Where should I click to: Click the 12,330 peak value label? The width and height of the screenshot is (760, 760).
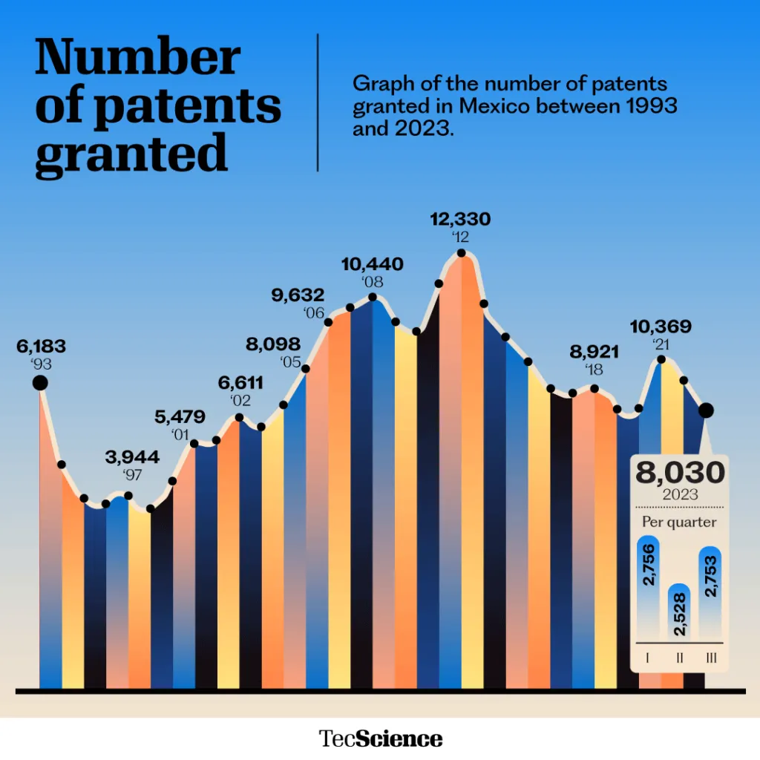point(461,219)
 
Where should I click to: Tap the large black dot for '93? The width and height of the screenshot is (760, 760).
point(40,382)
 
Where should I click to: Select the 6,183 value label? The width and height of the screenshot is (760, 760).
point(41,346)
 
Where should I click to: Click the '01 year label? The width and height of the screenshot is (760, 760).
point(180,434)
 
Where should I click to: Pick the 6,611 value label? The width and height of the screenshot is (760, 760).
point(240,382)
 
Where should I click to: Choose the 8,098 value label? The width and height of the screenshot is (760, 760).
point(275,344)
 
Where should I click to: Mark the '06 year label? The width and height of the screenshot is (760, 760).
point(314,313)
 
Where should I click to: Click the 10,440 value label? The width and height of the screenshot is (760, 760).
point(373,263)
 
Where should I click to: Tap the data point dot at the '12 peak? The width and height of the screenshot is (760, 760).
point(462,253)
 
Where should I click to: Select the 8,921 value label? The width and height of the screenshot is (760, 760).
point(594,352)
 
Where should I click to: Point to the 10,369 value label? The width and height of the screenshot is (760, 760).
point(661,327)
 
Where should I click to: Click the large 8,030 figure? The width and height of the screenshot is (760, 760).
point(677,472)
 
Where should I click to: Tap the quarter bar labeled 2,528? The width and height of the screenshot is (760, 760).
point(678,614)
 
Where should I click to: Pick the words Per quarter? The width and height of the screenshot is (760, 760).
point(678,522)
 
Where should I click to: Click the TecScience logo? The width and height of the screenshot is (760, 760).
point(380,738)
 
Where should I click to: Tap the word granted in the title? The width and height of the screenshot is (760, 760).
point(131,154)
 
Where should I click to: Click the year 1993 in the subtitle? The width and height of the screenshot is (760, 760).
point(652,106)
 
